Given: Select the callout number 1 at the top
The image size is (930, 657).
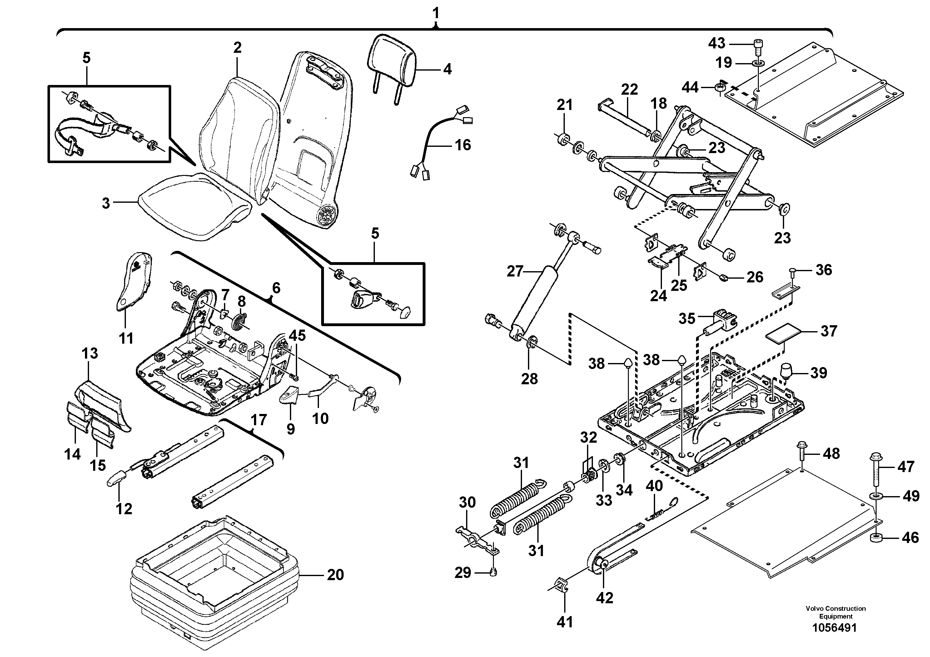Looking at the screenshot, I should point(435,14).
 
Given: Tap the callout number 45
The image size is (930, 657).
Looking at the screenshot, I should point(297,336).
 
